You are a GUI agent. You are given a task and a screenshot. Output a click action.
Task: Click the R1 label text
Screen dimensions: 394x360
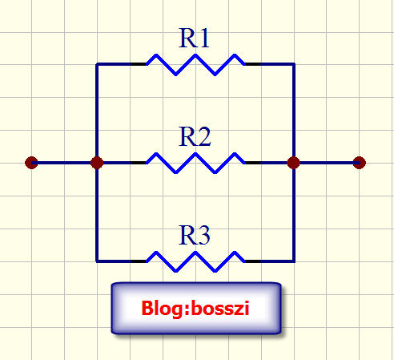[x=194, y=38]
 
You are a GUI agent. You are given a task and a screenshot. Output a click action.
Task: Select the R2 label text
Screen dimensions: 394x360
[x=195, y=137]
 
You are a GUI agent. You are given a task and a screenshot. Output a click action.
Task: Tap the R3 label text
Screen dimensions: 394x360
[x=195, y=235]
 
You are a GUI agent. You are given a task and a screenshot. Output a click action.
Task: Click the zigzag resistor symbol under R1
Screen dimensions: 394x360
[x=195, y=65]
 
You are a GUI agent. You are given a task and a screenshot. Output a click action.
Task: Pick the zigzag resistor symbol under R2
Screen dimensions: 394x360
[x=195, y=163]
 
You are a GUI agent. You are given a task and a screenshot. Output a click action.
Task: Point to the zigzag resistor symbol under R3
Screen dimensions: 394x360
[x=195, y=261]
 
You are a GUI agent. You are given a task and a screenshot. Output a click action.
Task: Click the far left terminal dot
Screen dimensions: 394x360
[x=31, y=163]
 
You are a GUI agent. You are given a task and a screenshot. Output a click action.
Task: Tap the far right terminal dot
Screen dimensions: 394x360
[x=360, y=163]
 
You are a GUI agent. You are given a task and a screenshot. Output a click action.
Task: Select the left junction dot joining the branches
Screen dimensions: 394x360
[x=97, y=163]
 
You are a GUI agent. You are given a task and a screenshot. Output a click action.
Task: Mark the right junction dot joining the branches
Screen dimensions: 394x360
[x=294, y=163]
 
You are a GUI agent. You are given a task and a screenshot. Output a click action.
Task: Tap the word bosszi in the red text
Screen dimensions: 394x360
[x=220, y=308]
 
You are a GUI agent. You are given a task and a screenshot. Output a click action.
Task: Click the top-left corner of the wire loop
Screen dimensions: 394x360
[x=97, y=64]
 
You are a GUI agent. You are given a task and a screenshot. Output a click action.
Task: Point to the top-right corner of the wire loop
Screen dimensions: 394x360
[x=294, y=64]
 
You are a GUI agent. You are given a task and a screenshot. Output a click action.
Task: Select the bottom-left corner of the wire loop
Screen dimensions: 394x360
[x=97, y=261]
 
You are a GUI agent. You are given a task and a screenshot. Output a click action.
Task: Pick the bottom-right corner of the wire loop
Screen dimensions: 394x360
[x=294, y=261]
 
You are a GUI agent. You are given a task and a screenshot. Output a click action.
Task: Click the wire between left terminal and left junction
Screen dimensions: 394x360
[x=64, y=163]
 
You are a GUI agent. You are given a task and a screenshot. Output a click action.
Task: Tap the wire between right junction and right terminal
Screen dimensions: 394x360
[x=327, y=163]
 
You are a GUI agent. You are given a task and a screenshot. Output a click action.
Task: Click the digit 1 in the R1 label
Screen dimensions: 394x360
[x=204, y=38]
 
